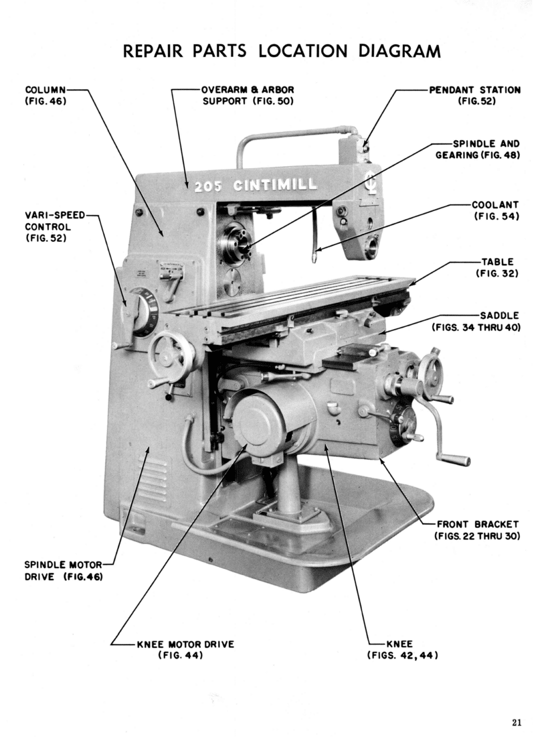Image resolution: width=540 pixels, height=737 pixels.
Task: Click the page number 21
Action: point(516,722)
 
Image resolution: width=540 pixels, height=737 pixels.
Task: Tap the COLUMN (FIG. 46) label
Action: point(46,95)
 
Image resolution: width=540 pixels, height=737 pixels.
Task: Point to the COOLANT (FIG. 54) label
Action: point(496,210)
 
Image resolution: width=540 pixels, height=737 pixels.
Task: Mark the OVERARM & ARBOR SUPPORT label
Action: point(248,95)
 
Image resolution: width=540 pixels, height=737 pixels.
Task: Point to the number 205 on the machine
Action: point(208,187)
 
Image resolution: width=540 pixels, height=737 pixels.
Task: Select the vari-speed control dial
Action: point(143,311)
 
